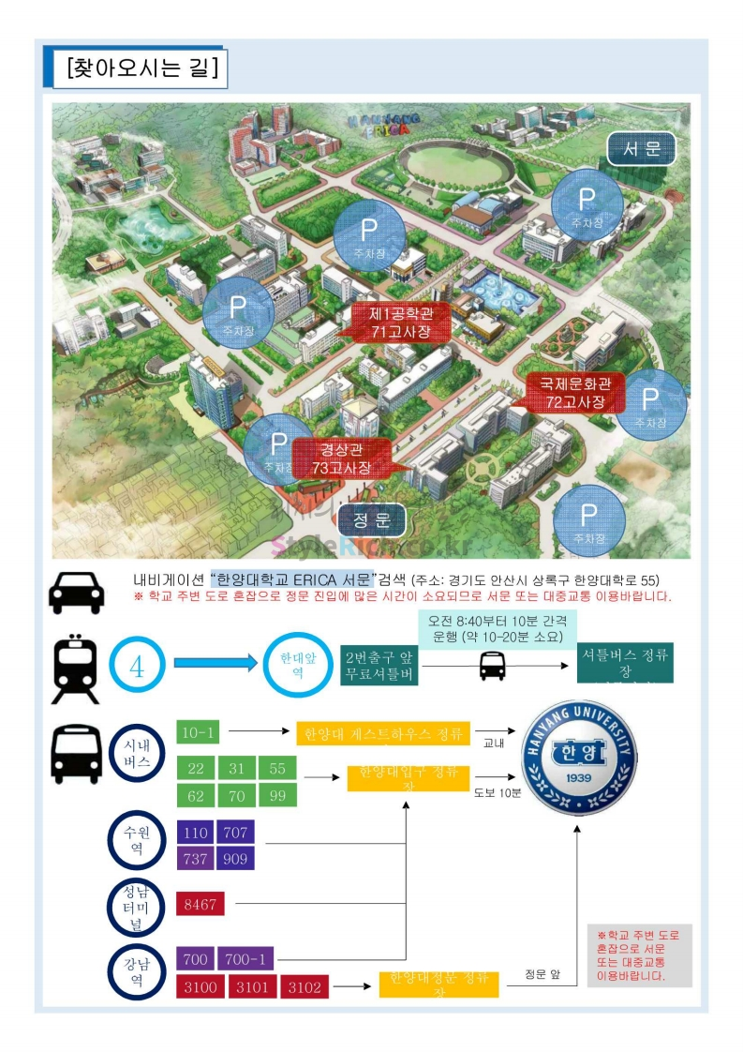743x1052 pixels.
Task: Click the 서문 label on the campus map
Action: pos(642,149)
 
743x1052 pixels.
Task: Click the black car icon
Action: pos(77,592)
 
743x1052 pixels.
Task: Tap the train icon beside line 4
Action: pos(76,669)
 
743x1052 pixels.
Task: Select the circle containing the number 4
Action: pos(137,667)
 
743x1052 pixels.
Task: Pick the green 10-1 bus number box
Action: pos(198,731)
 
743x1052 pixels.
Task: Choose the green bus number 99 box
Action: pos(277,795)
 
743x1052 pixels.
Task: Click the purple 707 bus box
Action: pos(235,832)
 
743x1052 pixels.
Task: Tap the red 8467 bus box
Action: pos(200,905)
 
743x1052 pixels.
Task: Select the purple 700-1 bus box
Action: pos(245,959)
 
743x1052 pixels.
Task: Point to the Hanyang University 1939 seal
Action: pos(578,758)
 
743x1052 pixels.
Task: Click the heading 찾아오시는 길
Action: pos(141,68)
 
